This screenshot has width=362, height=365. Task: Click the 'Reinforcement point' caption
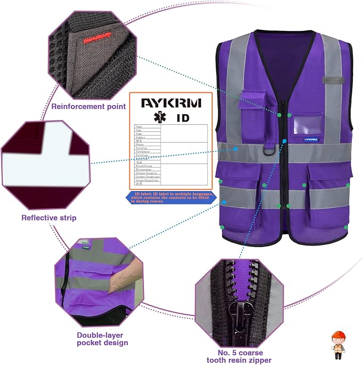tap(89, 106)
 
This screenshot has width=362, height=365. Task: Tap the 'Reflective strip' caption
tap(49, 218)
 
